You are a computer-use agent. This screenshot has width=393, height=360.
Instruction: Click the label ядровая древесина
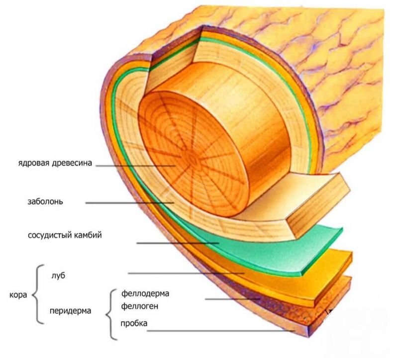[x=55, y=163]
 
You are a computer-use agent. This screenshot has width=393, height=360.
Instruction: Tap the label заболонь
[x=45, y=202]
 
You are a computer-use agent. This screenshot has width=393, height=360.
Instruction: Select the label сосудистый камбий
[x=65, y=236]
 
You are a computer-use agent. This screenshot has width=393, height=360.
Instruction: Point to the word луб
[x=58, y=275]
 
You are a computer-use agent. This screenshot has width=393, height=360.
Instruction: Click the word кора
[x=18, y=295]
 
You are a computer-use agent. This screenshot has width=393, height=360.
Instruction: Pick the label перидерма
[x=71, y=311]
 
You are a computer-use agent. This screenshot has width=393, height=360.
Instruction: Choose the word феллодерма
[x=145, y=293]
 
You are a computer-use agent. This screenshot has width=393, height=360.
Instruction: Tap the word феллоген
[x=140, y=306]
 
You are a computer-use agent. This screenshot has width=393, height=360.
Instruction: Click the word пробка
[x=134, y=323]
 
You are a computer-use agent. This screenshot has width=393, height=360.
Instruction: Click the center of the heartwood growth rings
[x=193, y=159]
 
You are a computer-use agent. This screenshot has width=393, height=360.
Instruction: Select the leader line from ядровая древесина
[x=135, y=166]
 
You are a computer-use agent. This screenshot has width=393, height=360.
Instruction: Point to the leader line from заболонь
[x=130, y=203]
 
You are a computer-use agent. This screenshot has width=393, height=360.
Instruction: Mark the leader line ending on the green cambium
[x=178, y=243]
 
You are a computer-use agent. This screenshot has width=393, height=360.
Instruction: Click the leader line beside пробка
[x=220, y=331]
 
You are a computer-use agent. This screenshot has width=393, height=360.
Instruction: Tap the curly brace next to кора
[x=38, y=294]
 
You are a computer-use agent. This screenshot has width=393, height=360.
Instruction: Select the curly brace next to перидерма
[x=111, y=314]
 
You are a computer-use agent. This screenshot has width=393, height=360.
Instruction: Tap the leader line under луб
[x=186, y=273]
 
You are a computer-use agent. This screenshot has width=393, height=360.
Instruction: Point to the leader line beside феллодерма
[x=233, y=299]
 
